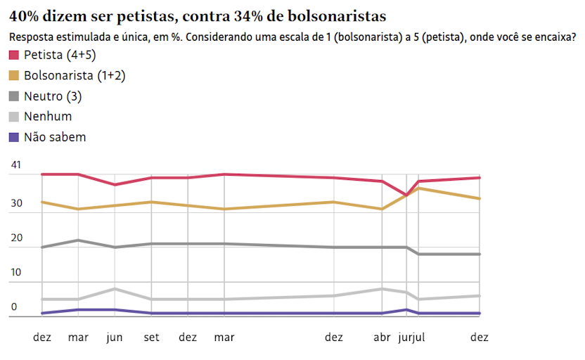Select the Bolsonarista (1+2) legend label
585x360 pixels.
click(75, 76)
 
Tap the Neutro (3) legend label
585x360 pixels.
click(52, 96)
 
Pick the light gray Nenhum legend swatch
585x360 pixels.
click(14, 117)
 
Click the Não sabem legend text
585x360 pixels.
click(54, 137)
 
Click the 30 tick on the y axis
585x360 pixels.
click(16, 204)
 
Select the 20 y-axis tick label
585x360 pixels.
click(16, 238)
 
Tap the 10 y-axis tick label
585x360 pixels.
click(16, 273)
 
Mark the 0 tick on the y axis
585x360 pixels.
click(14, 307)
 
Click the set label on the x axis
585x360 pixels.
click(151, 337)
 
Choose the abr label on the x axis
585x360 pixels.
click(382, 337)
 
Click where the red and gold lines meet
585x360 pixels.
click(406, 195)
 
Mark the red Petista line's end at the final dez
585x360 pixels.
click(480, 177)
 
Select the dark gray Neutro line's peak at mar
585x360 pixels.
click(78, 240)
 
